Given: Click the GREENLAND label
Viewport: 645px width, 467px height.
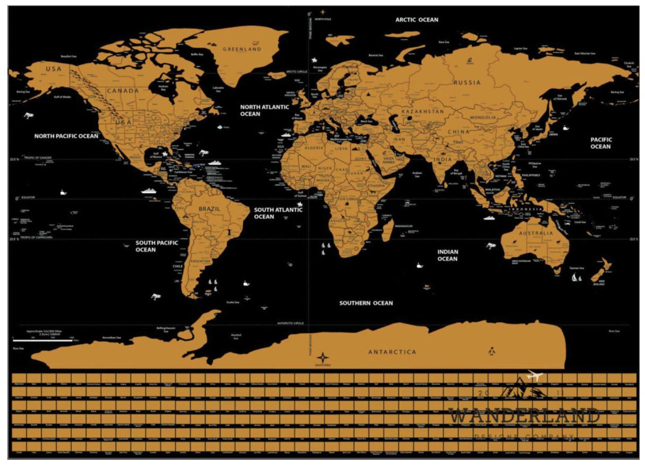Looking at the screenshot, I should (x=242, y=49).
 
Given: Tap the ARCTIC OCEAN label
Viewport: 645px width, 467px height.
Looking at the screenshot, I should (x=417, y=20).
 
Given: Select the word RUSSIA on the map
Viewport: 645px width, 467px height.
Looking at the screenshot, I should (x=467, y=83).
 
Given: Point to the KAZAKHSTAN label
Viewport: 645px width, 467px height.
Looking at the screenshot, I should (x=423, y=111).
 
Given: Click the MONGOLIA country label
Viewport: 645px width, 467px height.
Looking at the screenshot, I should (x=483, y=117).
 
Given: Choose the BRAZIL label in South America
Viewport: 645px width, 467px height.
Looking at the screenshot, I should (x=209, y=209).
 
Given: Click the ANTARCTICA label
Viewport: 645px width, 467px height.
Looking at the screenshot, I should (x=392, y=352).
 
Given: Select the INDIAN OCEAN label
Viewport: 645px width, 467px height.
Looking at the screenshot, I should (x=447, y=255).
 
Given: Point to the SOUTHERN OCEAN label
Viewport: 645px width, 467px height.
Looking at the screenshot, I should (x=365, y=303).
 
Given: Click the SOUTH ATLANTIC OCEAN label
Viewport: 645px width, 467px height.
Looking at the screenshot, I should (x=278, y=213).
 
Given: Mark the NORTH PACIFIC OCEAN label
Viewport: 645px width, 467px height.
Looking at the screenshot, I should (x=66, y=136).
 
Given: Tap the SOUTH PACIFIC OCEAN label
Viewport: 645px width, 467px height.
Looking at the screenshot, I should (x=156, y=246).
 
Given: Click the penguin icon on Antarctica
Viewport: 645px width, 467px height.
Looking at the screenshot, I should (x=491, y=352).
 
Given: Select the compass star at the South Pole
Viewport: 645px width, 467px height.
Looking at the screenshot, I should (x=322, y=357).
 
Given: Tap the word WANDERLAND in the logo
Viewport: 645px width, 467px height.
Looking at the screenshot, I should (x=524, y=416).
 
